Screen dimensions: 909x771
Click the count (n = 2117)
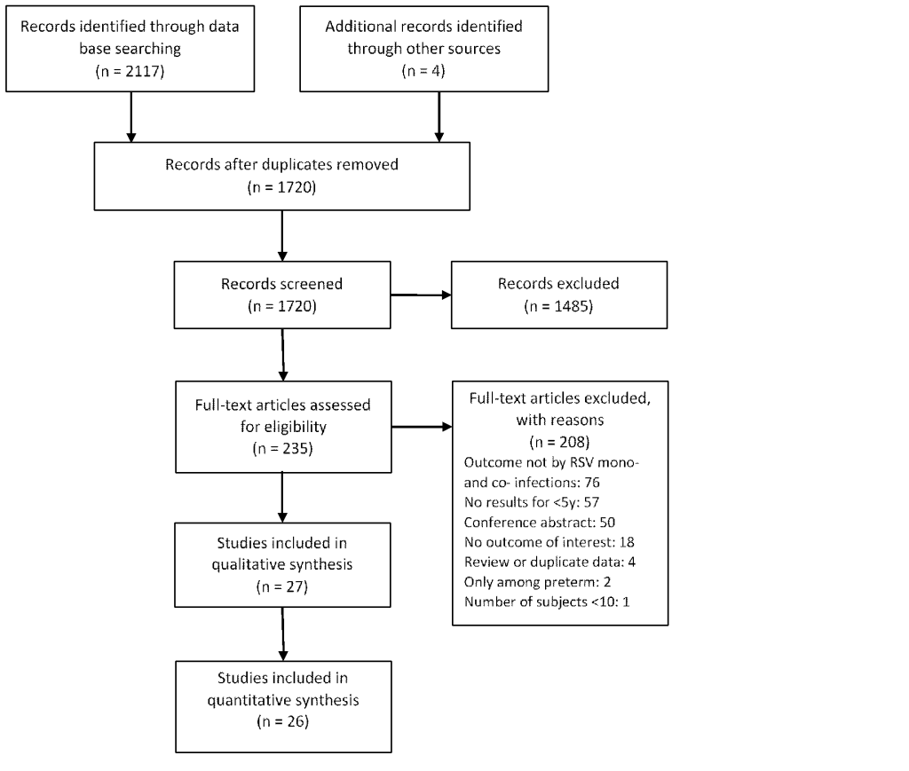point(130,71)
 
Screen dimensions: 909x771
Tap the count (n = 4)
point(423,71)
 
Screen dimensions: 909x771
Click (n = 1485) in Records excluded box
point(559,306)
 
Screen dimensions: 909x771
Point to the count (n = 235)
point(283,448)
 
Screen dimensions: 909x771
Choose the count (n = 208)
point(559,442)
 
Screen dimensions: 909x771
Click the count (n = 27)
point(282,586)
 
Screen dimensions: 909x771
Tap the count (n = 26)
point(283,722)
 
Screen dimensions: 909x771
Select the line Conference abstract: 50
point(539,523)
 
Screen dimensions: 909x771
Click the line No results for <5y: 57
point(532,502)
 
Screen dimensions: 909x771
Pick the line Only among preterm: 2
point(537,582)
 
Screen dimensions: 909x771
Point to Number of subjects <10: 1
point(547,602)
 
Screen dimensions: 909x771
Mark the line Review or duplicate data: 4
point(549,562)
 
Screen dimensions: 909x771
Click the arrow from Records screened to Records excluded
point(421,295)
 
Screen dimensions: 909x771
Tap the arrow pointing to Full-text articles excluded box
point(422,427)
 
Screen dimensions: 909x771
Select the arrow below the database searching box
point(131,116)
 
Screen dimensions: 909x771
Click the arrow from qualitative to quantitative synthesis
point(283,633)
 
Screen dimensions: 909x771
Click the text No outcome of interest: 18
point(549,542)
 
